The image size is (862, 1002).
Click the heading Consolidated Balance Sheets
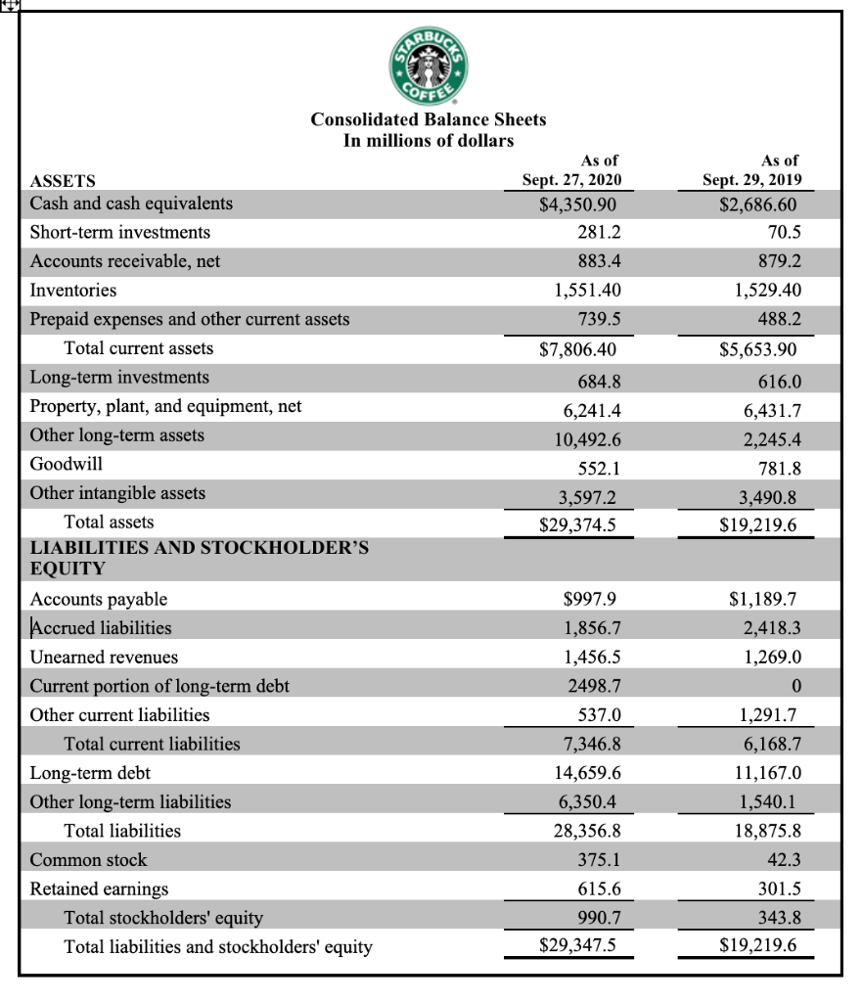[429, 119]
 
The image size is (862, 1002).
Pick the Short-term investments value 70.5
[780, 233]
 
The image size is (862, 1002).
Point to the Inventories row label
[73, 291]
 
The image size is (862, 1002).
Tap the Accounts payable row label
[99, 599]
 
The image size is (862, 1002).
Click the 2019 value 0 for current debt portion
[797, 686]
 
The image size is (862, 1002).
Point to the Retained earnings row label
[99, 888]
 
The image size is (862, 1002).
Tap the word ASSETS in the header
[64, 181]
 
